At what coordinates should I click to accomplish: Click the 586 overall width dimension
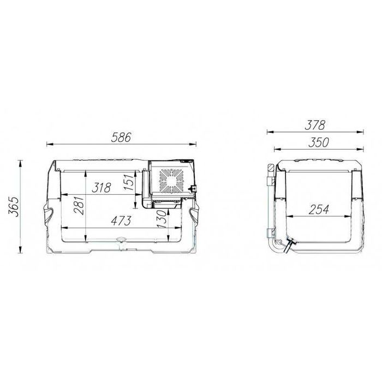pyautogui.click(x=121, y=138)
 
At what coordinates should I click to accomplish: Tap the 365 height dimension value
pyautogui.click(x=14, y=207)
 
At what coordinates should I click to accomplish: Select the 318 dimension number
pyautogui.click(x=102, y=188)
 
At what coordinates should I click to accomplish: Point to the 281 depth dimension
pyautogui.click(x=79, y=205)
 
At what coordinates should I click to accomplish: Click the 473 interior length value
pyautogui.click(x=121, y=220)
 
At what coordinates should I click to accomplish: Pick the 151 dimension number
pyautogui.click(x=129, y=182)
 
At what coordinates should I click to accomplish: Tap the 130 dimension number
pyautogui.click(x=162, y=219)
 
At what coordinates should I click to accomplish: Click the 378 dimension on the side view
pyautogui.click(x=315, y=125)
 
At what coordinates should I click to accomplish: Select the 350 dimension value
pyautogui.click(x=319, y=142)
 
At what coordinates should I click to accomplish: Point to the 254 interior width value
pyautogui.click(x=319, y=210)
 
